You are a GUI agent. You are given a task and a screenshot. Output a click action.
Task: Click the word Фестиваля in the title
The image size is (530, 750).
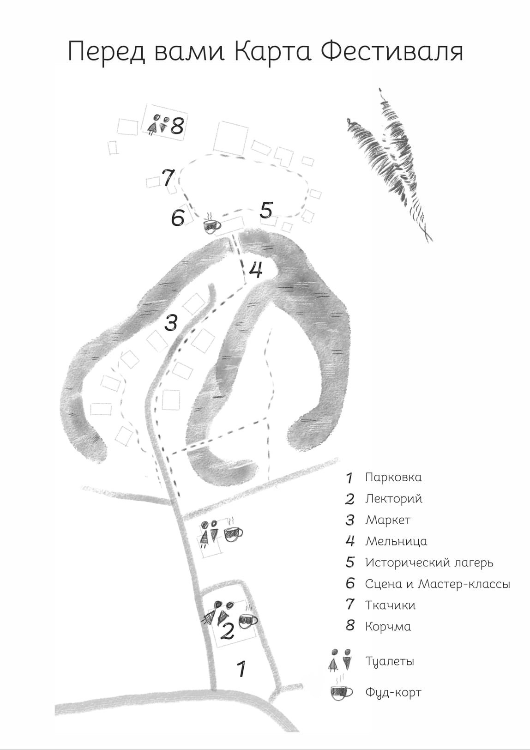tap(392, 51)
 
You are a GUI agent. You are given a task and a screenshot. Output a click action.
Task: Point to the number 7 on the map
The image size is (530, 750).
tap(168, 178)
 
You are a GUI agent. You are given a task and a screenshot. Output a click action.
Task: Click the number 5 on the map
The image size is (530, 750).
tap(266, 210)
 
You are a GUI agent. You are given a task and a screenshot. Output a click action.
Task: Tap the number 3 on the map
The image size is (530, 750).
tap(171, 322)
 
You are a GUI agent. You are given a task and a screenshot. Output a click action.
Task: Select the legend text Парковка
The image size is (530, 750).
tap(393, 477)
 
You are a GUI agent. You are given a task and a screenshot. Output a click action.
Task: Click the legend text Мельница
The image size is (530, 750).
tap(396, 541)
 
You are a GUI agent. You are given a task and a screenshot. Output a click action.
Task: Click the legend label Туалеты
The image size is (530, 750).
tap(389, 662)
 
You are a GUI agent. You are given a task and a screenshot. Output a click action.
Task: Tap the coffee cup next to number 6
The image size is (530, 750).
tap(212, 224)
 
